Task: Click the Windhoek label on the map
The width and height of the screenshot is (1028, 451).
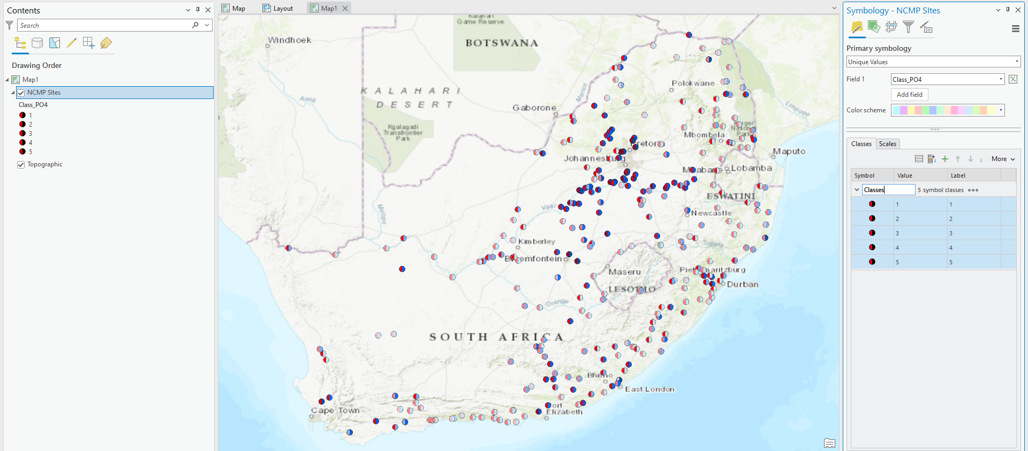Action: [x=289, y=40]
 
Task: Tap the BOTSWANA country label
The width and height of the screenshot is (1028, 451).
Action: [x=502, y=43]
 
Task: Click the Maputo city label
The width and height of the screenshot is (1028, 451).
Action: [x=789, y=151]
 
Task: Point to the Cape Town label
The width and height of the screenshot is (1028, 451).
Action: [x=335, y=410]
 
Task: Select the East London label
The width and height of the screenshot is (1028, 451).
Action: [x=649, y=389]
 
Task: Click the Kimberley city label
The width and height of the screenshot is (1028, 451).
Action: [x=536, y=241]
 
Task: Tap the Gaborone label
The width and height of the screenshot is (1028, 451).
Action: [x=534, y=108]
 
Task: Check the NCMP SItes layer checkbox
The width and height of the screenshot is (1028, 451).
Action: [x=21, y=93]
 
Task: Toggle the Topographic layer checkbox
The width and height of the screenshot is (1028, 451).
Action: [x=21, y=164]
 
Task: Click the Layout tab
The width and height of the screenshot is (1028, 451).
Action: [x=278, y=8]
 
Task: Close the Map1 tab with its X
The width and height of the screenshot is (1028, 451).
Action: [x=345, y=8]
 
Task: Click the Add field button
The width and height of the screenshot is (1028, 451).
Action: [x=909, y=95]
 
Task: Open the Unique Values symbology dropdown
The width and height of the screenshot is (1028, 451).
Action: [x=933, y=62]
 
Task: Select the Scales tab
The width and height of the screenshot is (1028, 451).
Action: [x=887, y=144]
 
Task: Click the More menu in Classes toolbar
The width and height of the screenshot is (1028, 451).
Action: [x=1003, y=159]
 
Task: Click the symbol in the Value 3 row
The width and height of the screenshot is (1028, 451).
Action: [x=872, y=233]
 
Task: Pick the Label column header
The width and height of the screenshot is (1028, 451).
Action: [x=958, y=175]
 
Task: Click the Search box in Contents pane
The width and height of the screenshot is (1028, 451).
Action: [x=104, y=25]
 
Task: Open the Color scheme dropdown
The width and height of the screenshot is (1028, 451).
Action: [x=948, y=110]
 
